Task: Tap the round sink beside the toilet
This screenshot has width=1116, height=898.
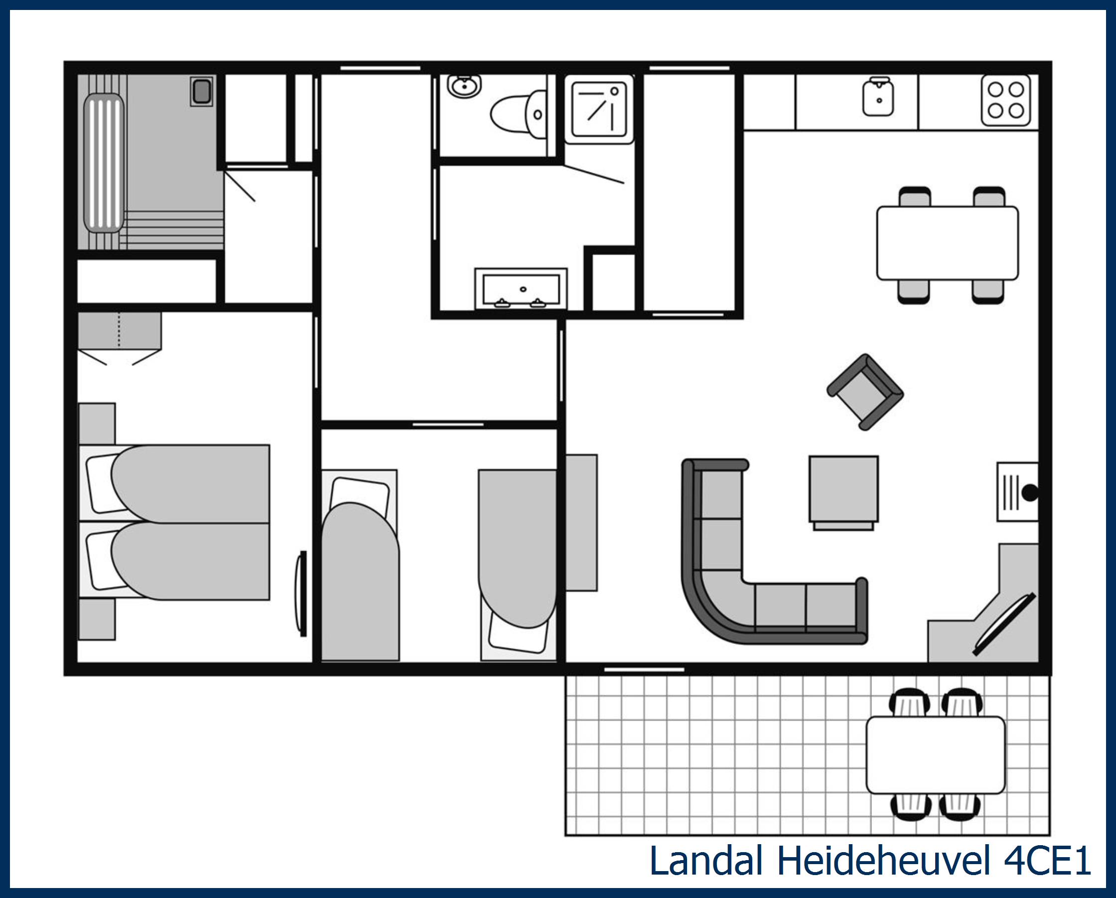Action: [x=464, y=86]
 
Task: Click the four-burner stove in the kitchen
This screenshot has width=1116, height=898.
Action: [x=1005, y=101]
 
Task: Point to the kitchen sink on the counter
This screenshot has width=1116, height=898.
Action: [x=878, y=98]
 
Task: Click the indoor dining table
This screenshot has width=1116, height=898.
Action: [x=947, y=243]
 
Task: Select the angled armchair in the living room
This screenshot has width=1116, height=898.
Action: [x=865, y=392]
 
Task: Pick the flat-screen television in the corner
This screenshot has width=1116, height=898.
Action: [x=1004, y=624]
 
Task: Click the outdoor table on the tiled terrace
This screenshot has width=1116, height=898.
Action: [x=935, y=755]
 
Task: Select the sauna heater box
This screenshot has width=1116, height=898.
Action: [x=201, y=92]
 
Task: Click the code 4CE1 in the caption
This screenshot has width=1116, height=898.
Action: [x=1047, y=861]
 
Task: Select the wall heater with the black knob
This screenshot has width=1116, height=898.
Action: [x=1017, y=491]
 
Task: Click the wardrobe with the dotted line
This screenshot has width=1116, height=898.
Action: [x=119, y=330]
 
